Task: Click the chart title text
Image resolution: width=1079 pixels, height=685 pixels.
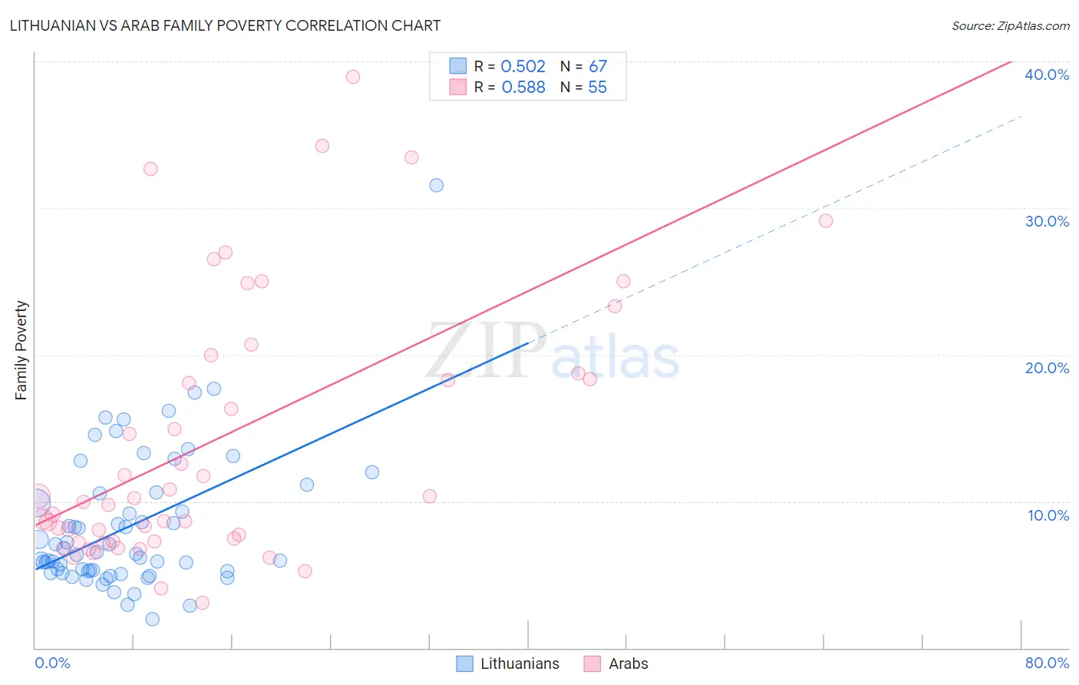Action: coord(225,25)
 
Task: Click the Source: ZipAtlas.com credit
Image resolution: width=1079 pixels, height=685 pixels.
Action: coord(1010,25)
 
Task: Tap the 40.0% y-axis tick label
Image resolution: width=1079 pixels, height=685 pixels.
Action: coord(1046,74)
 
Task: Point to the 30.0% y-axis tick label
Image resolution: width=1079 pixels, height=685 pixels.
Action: coord(1046,221)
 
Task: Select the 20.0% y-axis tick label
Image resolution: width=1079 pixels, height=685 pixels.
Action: coord(1046,368)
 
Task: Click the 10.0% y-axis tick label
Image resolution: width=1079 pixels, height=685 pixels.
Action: coord(1048,515)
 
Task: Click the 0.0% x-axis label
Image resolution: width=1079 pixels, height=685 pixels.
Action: coord(52,663)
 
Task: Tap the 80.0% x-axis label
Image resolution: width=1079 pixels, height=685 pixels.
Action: coord(1046,663)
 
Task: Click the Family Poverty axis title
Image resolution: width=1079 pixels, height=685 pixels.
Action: coord(21,350)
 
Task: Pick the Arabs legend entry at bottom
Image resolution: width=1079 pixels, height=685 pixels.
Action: coord(628,663)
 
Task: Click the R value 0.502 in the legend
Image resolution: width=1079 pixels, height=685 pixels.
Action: coord(523,67)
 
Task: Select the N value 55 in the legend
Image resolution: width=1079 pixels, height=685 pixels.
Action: coord(597,88)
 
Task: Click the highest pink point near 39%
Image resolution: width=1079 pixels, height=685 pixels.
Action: coord(353,77)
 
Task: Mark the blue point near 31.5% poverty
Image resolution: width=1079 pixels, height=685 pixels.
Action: coord(437,185)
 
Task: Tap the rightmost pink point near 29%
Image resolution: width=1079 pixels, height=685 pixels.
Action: coord(826,221)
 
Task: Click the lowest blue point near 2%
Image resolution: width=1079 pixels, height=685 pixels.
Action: coord(152,619)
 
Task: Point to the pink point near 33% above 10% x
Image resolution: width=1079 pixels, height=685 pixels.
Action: coord(150,169)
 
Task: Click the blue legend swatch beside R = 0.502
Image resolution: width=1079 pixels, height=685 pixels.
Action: coord(458,67)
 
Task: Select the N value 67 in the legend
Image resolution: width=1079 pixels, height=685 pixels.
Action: coord(597,67)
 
